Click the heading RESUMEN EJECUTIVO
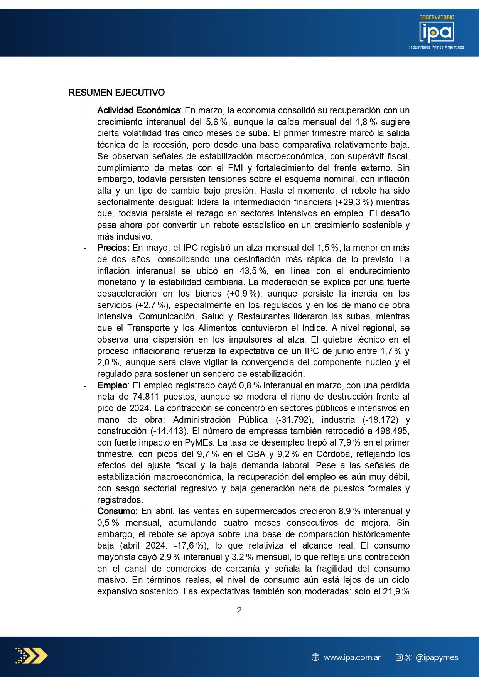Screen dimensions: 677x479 [116, 93]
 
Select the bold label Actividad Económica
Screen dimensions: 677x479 [138, 111]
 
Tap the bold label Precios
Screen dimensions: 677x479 [113, 248]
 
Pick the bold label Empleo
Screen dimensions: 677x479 [112, 385]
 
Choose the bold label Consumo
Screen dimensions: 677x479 [117, 512]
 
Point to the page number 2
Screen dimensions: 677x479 [239, 610]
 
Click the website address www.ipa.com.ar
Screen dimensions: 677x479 [352, 657]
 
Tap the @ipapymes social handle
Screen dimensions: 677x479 [437, 657]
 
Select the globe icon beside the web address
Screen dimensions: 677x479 [315, 657]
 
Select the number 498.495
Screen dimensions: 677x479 [392, 431]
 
